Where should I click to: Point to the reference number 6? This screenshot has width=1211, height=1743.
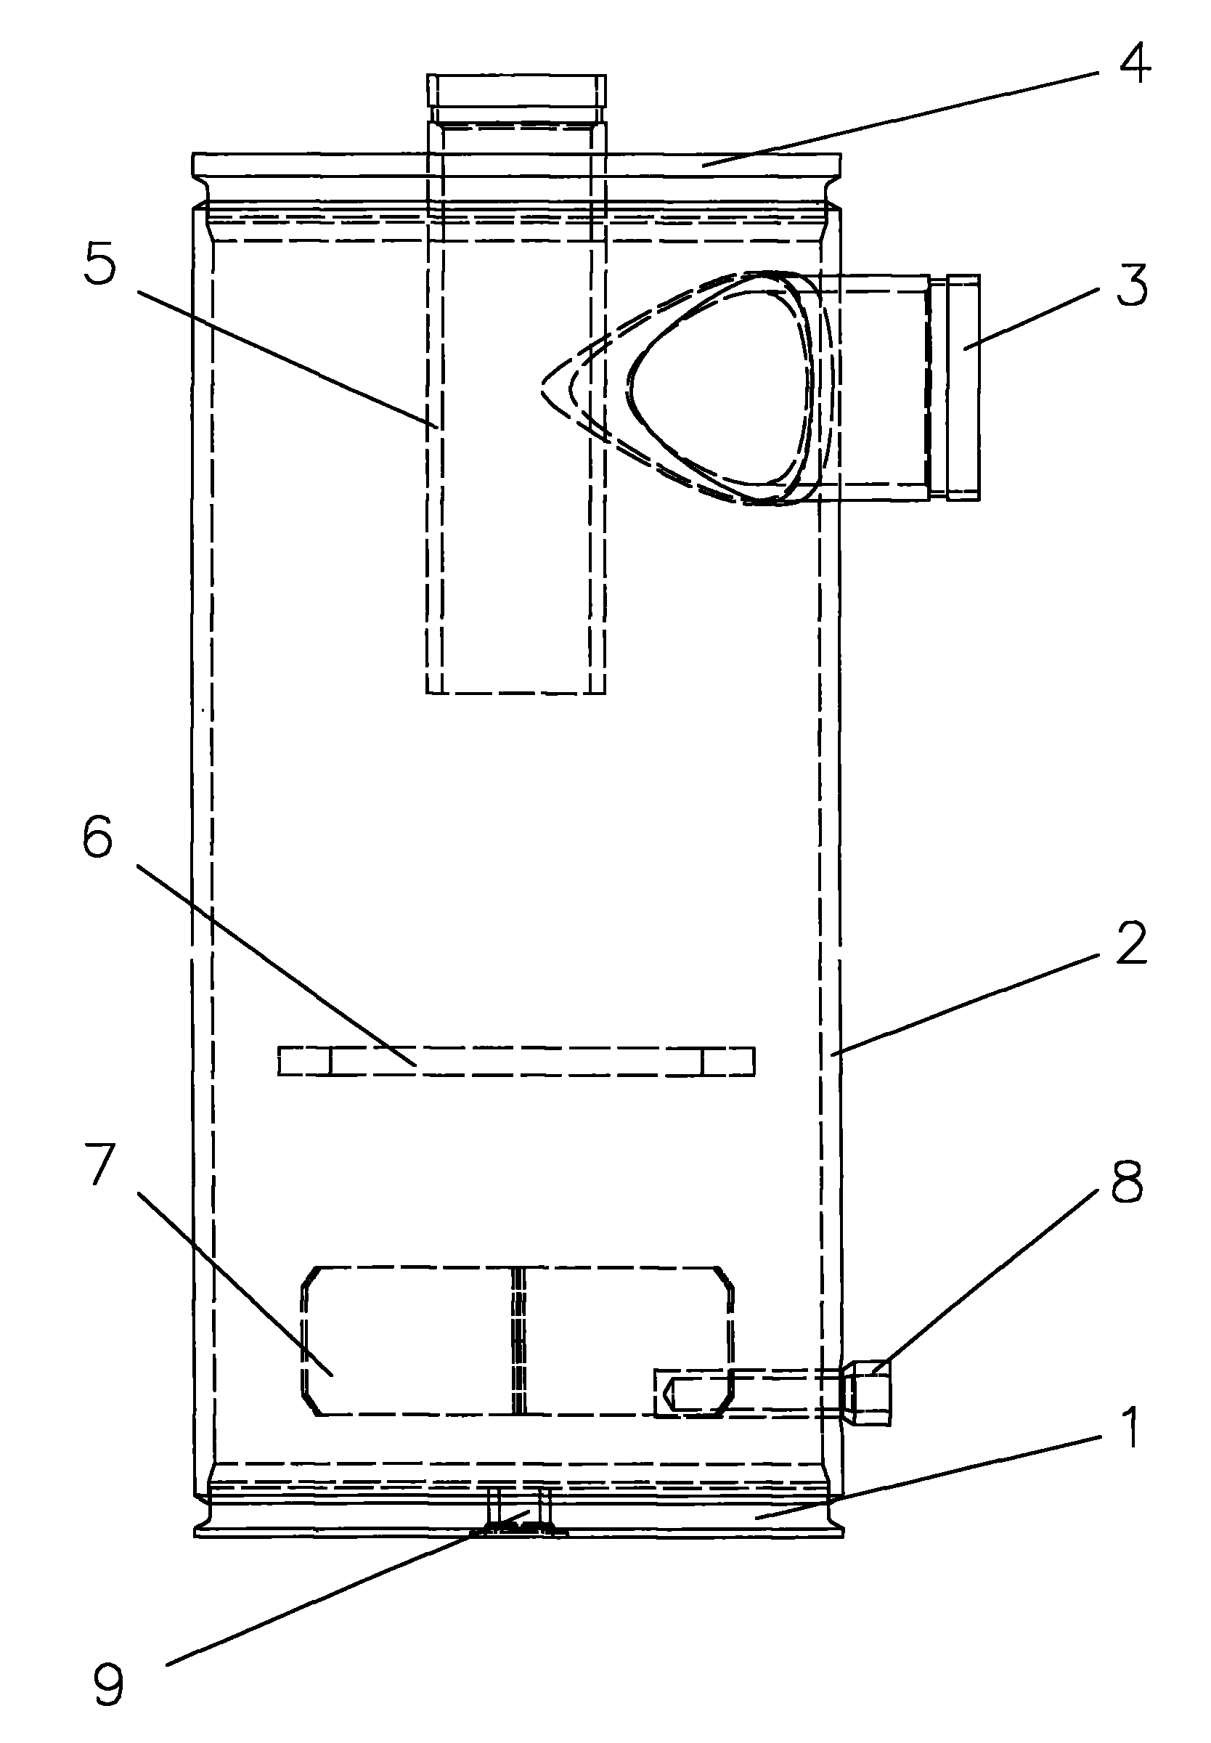[x=98, y=839]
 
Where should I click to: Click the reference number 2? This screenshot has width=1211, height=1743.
[x=1130, y=944]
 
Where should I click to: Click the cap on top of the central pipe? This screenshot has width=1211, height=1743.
[x=516, y=90]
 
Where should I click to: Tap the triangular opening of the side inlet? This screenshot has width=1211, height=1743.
[x=721, y=387]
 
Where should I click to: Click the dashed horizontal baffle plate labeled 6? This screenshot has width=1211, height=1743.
[x=516, y=1061]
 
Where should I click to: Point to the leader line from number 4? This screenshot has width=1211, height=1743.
[x=895, y=117]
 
